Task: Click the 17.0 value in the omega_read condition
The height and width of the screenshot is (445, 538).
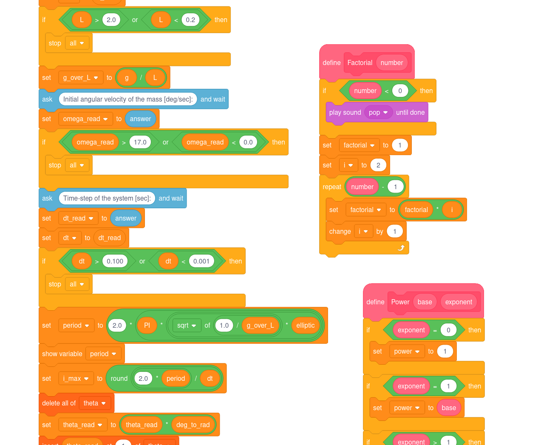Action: click(x=140, y=142)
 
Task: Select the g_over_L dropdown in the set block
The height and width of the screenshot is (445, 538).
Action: click(x=81, y=78)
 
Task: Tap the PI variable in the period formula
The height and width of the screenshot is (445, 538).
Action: click(x=147, y=326)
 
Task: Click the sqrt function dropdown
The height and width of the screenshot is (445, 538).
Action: click(x=187, y=326)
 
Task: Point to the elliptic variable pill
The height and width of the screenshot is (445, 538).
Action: click(x=305, y=326)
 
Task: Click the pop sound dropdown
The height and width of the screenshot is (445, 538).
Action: click(x=378, y=113)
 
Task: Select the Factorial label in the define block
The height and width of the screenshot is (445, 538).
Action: click(x=360, y=63)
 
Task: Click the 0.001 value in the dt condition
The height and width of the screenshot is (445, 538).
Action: click(x=201, y=261)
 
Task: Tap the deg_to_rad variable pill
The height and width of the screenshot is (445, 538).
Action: click(x=193, y=425)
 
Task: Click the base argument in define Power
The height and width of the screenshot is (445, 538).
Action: click(x=425, y=302)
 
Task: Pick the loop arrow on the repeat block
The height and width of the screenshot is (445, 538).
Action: click(x=401, y=248)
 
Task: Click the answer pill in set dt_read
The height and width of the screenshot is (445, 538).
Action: click(x=126, y=218)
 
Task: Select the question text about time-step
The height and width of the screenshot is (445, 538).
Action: click(x=107, y=198)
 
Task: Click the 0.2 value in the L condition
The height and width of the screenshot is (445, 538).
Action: click(x=190, y=20)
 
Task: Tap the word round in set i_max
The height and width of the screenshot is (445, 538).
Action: click(x=119, y=379)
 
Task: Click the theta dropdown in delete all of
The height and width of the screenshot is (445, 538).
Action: click(x=95, y=403)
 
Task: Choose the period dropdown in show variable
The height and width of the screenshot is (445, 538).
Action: click(x=103, y=354)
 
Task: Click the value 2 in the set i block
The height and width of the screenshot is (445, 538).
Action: click(x=378, y=165)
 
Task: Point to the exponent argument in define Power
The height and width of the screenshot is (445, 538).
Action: click(x=459, y=302)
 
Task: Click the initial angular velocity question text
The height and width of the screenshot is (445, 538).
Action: click(x=128, y=99)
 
